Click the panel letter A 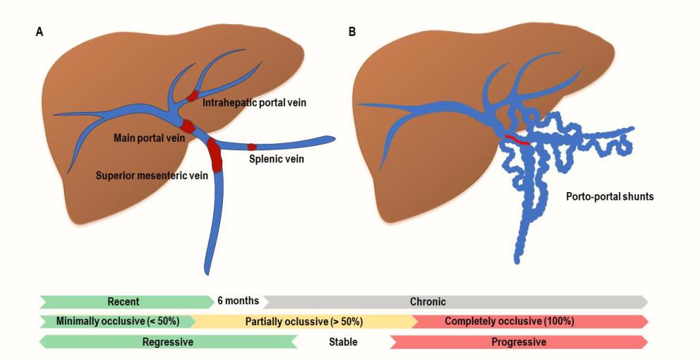[40, 32]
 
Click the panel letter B [351, 32]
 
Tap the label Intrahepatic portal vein [254, 103]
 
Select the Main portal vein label [149, 138]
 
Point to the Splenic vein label [277, 160]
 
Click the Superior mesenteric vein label [152, 176]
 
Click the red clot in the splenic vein [251, 147]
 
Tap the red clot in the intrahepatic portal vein [192, 96]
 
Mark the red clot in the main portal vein [188, 127]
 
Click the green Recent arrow [124, 301]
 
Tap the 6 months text [238, 301]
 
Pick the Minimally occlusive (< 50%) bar [116, 321]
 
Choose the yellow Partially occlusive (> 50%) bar [303, 321]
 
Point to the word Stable [343, 342]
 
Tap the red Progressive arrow [519, 342]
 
